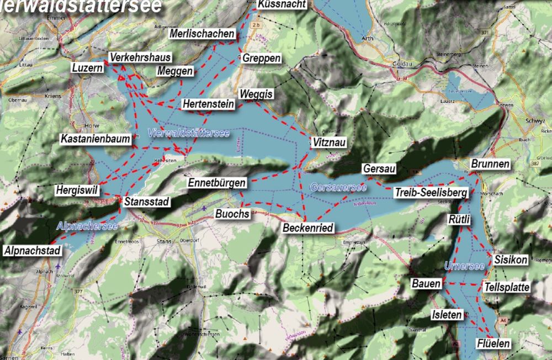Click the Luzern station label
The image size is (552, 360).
[x=87, y=68]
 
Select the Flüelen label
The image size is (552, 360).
[x=493, y=344]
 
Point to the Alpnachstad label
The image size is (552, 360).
[x=32, y=251]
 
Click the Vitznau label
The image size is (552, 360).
[x=329, y=142]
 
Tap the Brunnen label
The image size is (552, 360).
[x=490, y=164]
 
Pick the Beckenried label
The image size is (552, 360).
[x=309, y=227]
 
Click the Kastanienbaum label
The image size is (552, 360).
[x=95, y=139]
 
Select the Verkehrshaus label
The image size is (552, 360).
[x=140, y=57]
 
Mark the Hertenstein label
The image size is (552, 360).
[x=208, y=104]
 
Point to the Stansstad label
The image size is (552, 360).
[x=146, y=202]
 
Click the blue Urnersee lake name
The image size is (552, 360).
[x=464, y=267]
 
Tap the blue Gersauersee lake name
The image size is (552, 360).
[x=338, y=187]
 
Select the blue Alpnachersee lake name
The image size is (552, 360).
[x=87, y=226]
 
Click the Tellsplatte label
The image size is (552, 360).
[x=506, y=287]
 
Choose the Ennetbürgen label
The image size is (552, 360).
[x=216, y=183]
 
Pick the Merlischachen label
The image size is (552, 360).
[x=202, y=34]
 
